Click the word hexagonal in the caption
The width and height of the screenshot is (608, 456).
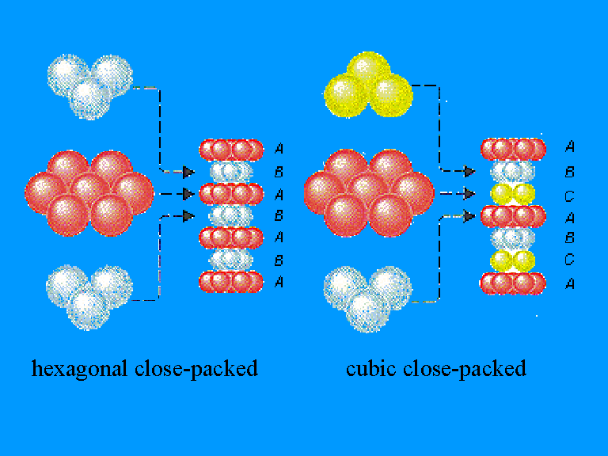(77, 368)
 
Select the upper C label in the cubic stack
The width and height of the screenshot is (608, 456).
(570, 193)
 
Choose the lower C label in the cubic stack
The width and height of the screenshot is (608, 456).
(570, 259)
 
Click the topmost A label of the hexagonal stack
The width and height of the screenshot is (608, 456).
(279, 148)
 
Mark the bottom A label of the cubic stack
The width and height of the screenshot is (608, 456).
(570, 283)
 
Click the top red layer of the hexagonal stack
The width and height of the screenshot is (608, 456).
(230, 149)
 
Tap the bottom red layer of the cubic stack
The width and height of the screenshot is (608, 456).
(513, 283)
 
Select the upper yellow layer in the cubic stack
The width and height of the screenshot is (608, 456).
(513, 193)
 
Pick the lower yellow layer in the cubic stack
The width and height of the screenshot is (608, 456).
(513, 260)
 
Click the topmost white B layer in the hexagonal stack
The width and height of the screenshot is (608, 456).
(230, 171)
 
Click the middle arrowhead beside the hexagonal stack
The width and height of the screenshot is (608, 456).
(188, 193)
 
